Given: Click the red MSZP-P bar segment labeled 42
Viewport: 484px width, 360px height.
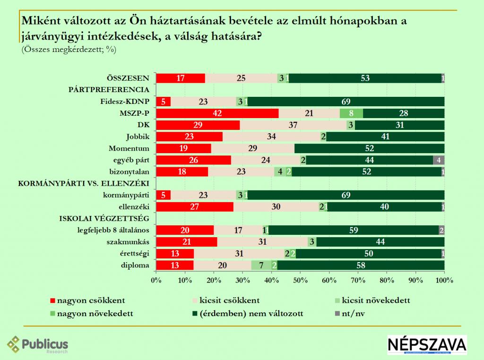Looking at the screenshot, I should tap(217, 113).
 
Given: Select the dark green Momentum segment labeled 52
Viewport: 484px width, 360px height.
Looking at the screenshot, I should tap(369, 148).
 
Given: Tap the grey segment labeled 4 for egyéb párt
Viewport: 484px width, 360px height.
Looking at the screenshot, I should tap(439, 160).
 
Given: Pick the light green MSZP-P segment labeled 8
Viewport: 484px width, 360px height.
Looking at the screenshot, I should tap(351, 113).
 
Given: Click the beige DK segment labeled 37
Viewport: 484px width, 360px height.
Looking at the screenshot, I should tap(293, 125).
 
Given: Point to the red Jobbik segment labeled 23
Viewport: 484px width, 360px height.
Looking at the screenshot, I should tap(189, 137).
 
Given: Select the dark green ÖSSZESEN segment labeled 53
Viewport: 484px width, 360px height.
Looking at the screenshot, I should tap(365, 78).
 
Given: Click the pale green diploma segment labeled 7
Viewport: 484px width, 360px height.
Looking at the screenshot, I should tap(261, 265).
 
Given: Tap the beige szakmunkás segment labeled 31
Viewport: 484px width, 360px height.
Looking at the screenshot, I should tap(262, 242).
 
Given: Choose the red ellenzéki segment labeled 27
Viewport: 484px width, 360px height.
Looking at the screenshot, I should tap(195, 207).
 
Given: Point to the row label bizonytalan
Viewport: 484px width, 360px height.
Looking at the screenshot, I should tap(130, 172).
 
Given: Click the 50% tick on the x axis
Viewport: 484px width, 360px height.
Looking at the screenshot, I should tap(300, 281).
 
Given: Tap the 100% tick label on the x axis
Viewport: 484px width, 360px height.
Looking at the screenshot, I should tap(444, 281).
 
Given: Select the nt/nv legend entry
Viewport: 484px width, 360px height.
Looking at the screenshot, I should tap(352, 313).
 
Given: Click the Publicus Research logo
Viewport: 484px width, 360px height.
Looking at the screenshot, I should tap(38, 344).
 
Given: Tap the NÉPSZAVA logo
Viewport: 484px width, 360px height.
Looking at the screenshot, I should tap(427, 345).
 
